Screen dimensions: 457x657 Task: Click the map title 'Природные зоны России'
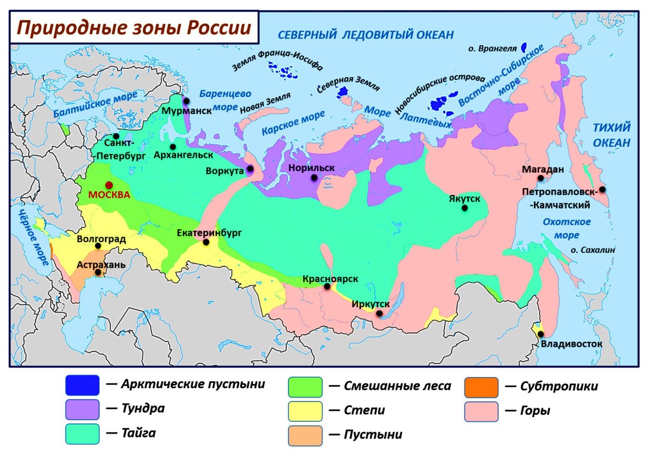pyautogui.click(x=135, y=27)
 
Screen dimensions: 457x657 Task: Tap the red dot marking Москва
pyautogui.click(x=109, y=185)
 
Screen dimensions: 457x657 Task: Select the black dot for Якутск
pyautogui.click(x=465, y=208)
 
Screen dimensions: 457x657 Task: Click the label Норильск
pyautogui.click(x=311, y=167)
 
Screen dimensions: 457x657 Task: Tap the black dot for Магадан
pyautogui.click(x=540, y=178)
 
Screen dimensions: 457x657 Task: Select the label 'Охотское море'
pyautogui.click(x=566, y=228)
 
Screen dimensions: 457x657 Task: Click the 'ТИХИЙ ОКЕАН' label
pyautogui.click(x=611, y=135)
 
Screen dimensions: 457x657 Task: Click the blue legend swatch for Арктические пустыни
pyautogui.click(x=82, y=386)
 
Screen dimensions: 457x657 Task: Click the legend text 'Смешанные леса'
pyautogui.click(x=397, y=386)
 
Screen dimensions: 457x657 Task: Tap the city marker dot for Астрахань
pyautogui.click(x=98, y=272)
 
